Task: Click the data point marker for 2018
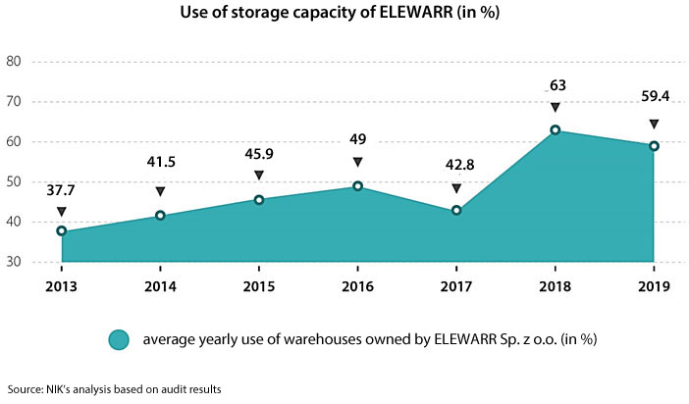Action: click(x=555, y=130)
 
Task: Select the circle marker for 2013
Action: click(x=62, y=231)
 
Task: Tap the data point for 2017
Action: click(x=456, y=211)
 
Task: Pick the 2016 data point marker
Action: click(x=357, y=186)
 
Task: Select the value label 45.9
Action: click(x=259, y=154)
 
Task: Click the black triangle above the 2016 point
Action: click(x=357, y=163)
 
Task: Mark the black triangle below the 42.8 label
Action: click(x=456, y=188)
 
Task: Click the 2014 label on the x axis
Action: click(x=160, y=286)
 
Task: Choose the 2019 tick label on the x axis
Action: click(x=653, y=286)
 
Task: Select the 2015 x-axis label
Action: click(x=259, y=286)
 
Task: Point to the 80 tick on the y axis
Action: click(x=15, y=61)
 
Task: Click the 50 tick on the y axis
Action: click(x=15, y=181)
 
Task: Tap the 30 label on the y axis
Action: click(x=15, y=262)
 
